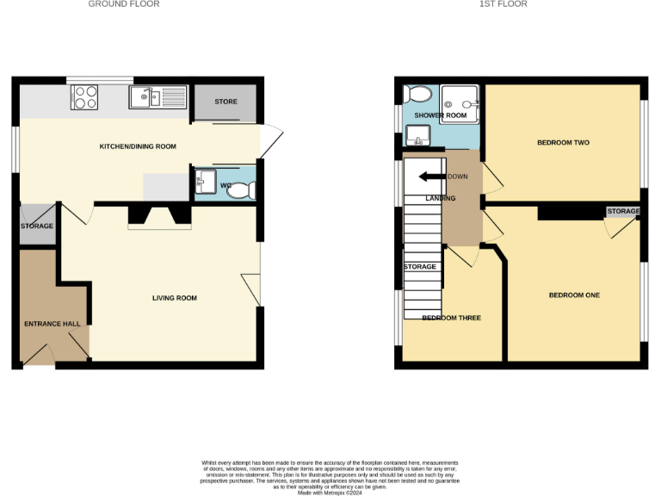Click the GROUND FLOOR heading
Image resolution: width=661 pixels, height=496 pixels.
click(x=124, y=4)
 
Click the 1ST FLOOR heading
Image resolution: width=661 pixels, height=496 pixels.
click(x=503, y=4)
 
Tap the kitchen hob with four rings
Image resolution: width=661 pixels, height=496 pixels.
click(x=85, y=97)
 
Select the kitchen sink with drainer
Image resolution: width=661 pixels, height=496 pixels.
click(x=158, y=98)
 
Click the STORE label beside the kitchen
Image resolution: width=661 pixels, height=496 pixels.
click(x=225, y=102)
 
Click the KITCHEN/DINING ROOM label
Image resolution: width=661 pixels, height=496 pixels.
click(x=138, y=146)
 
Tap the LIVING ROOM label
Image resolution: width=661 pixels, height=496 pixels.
click(x=175, y=298)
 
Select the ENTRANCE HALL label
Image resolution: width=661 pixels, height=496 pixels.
click(x=52, y=324)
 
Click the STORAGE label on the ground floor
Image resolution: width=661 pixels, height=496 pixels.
click(x=37, y=226)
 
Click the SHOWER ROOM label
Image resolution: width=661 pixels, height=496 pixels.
click(x=441, y=115)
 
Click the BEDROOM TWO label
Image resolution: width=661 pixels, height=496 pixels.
click(x=563, y=142)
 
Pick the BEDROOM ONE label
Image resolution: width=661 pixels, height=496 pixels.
click(x=574, y=295)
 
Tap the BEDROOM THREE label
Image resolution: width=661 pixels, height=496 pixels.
click(x=451, y=318)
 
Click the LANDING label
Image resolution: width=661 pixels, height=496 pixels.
click(x=441, y=198)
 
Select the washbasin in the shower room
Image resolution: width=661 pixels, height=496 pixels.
click(x=417, y=134)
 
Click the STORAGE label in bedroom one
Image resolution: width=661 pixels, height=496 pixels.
click(x=623, y=211)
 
